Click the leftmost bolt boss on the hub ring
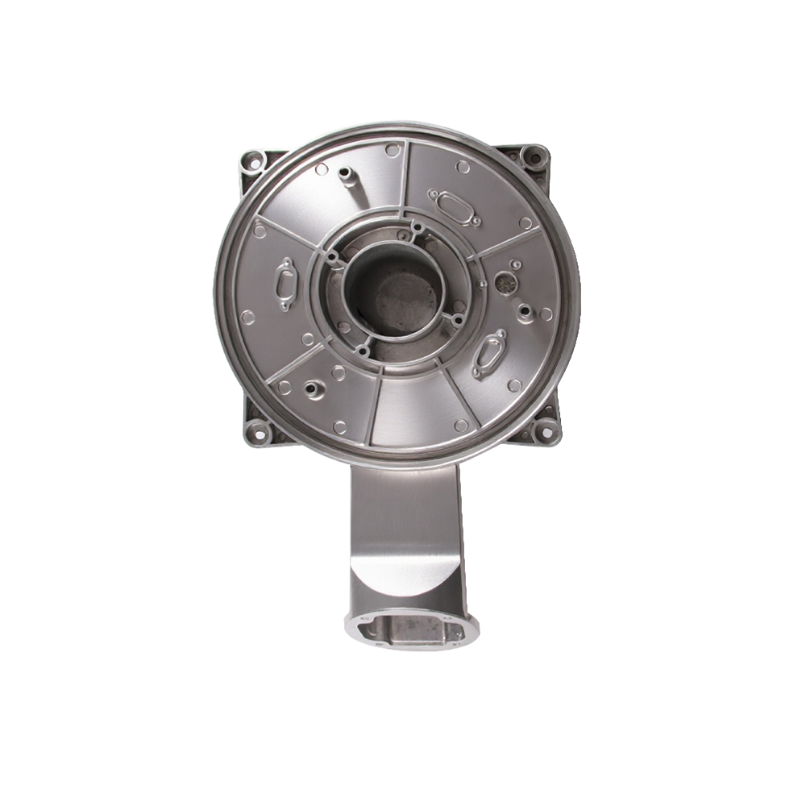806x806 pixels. pos(330,259)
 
